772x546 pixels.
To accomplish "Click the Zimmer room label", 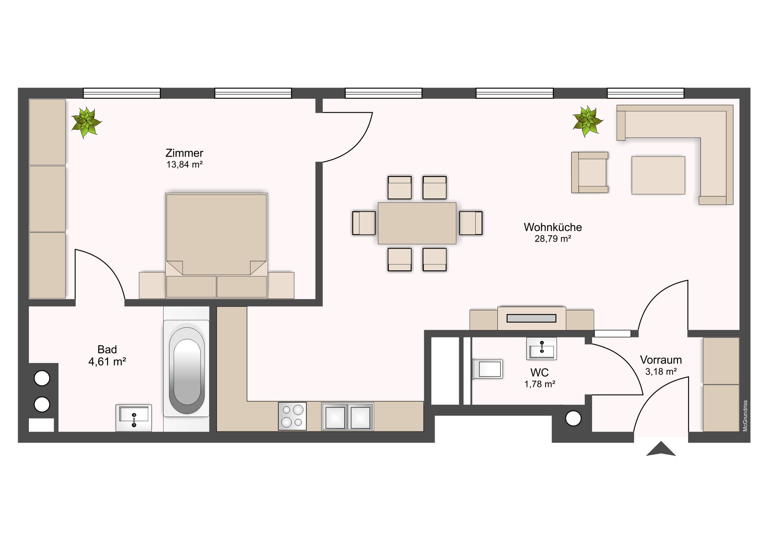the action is tap(184, 153).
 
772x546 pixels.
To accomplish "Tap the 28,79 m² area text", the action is tap(553, 238).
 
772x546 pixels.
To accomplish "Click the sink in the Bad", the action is tap(134, 417).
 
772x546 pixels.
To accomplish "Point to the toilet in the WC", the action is tap(488, 369).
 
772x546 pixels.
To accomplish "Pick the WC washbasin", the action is tap(541, 348).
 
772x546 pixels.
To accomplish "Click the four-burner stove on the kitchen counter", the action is tap(292, 416).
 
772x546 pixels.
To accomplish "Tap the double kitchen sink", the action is tap(347, 416).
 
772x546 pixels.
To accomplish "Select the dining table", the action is tap(417, 223).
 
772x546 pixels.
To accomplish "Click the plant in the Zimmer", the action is tap(86, 122).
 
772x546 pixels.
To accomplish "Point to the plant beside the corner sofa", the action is tap(587, 121).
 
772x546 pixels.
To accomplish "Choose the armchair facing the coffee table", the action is tap(590, 172).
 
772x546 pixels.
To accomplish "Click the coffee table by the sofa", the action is tap(658, 175).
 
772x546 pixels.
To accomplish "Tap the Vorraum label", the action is tap(661, 360).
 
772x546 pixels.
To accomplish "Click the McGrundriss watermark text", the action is tap(745, 415).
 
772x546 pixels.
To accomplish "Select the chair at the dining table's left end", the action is tap(364, 223).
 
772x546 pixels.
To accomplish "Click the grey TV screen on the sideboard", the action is tap(531, 318).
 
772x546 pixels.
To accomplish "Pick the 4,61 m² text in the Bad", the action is tap(107, 362).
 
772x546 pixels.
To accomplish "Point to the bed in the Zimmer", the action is tap(216, 245).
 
